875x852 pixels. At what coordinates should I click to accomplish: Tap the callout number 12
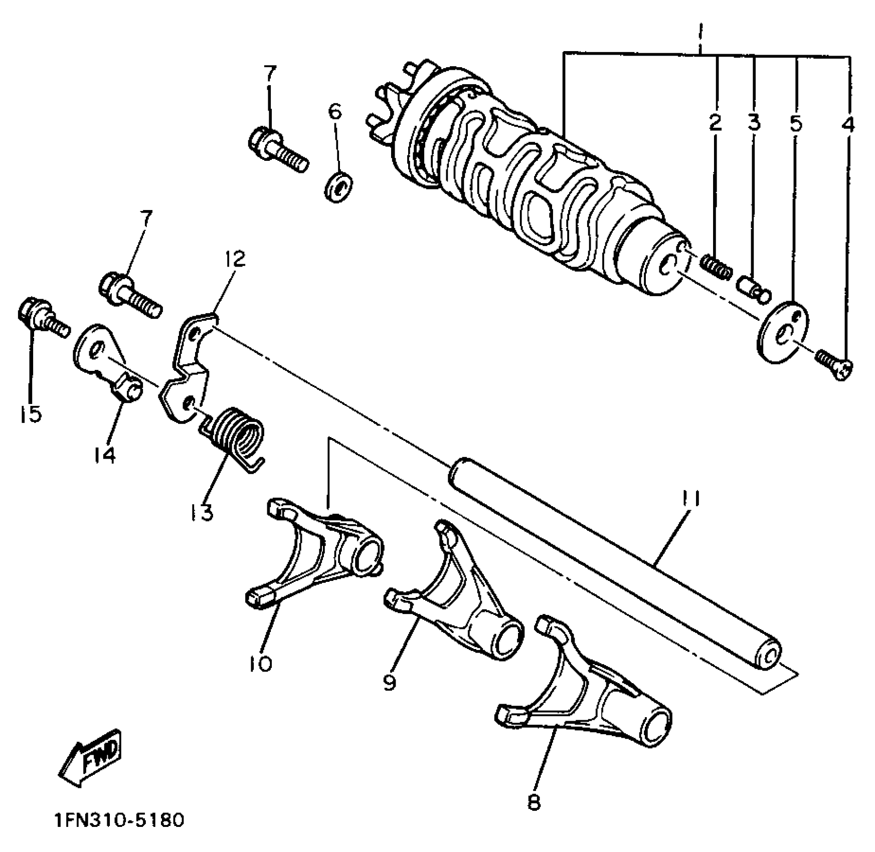[x=235, y=259]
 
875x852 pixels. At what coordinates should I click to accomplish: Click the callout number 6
[x=335, y=111]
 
